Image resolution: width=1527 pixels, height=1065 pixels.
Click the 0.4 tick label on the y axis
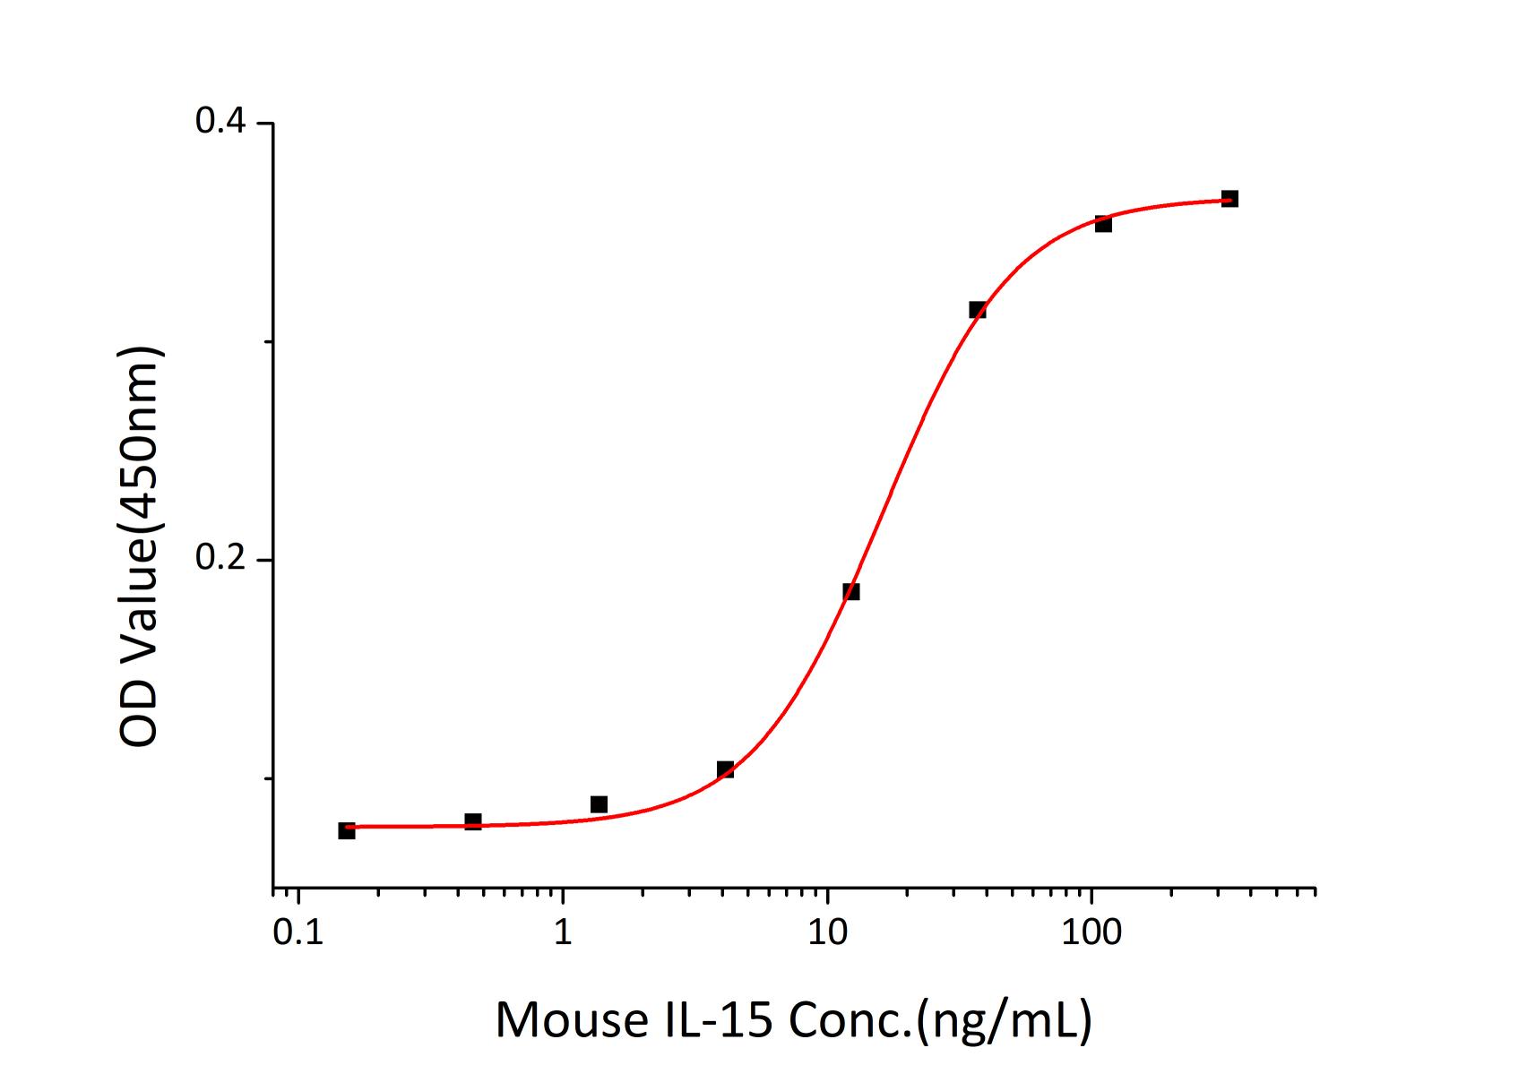click(221, 123)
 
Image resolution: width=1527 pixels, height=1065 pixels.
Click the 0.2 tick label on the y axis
click(221, 560)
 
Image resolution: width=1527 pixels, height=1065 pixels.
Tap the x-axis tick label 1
click(563, 932)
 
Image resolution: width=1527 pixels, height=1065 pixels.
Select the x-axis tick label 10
click(827, 932)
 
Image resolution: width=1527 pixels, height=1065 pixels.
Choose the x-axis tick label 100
click(1091, 932)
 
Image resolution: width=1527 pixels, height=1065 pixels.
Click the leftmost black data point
click(347, 830)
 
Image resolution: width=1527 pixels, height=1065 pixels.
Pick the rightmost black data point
click(1230, 199)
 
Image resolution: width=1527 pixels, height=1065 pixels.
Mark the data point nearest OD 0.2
click(851, 591)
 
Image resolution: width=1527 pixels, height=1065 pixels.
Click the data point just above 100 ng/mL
click(1104, 224)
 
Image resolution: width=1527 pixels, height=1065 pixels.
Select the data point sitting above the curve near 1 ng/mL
click(600, 804)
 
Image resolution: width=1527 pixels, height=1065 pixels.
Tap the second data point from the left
click(473, 821)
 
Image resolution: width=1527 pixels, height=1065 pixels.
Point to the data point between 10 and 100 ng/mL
click(978, 310)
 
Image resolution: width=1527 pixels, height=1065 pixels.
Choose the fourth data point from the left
click(726, 769)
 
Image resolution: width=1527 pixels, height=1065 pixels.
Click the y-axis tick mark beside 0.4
click(265, 124)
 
